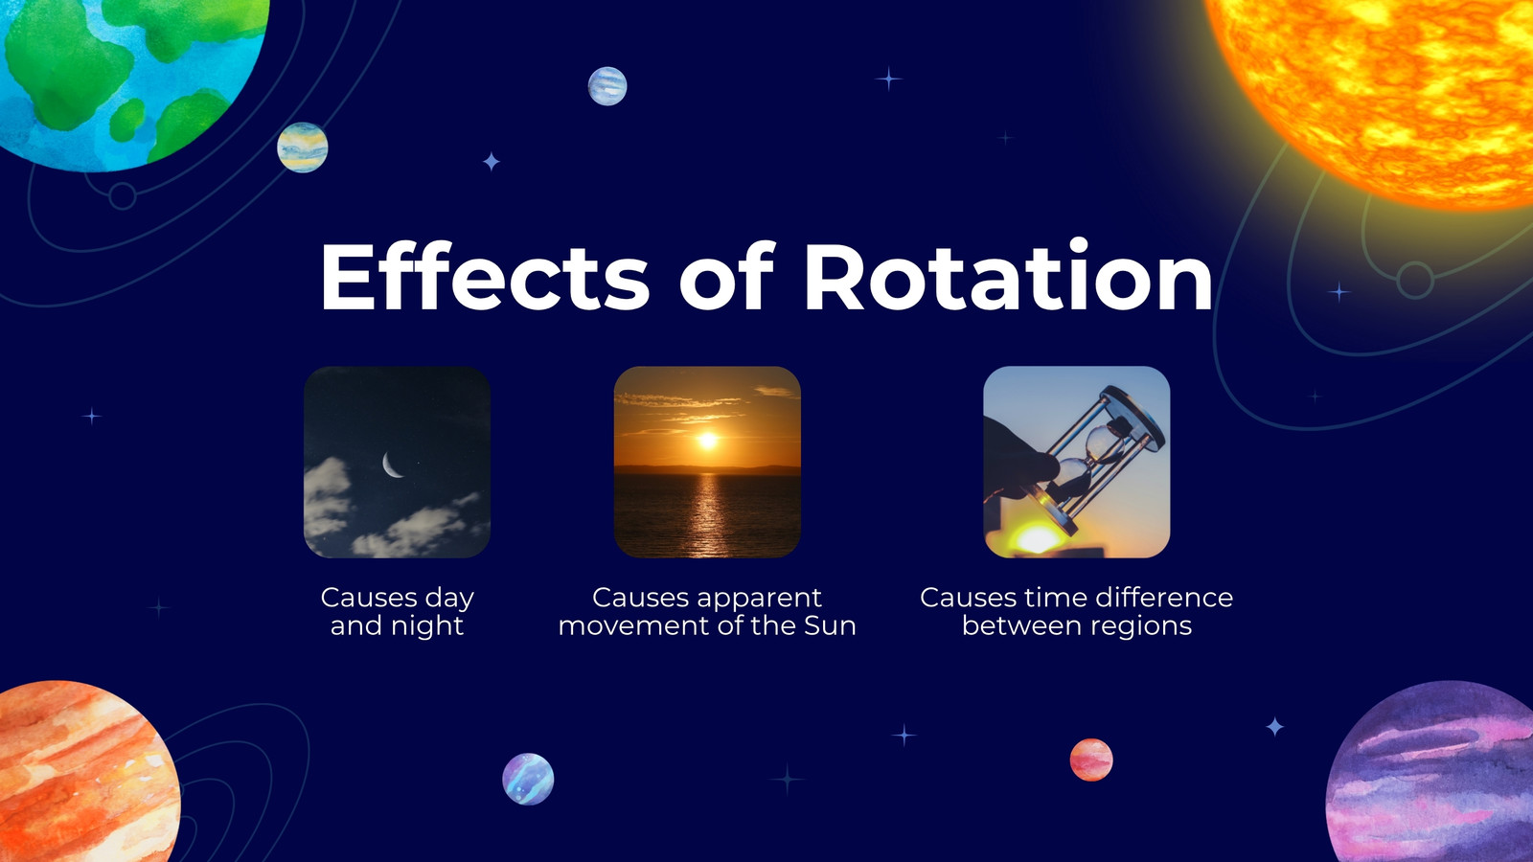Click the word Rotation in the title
1009,277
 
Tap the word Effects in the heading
485,276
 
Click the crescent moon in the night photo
392,465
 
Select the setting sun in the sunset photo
708,440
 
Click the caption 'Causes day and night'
397,612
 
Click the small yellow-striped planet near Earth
303,147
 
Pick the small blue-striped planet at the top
607,86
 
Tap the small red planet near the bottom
1091,760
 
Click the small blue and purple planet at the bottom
528,779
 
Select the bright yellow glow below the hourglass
1038,537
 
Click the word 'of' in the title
726,276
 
